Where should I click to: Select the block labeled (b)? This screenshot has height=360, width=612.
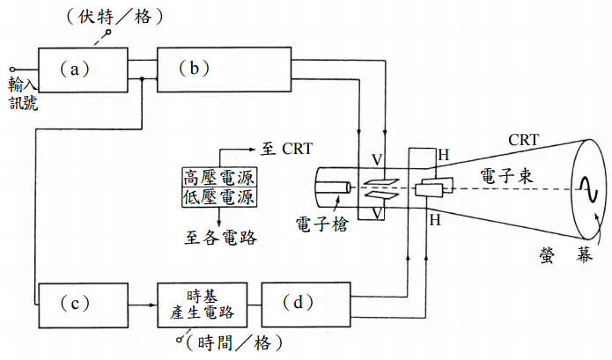(225, 68)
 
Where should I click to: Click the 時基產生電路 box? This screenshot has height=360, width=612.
(202, 303)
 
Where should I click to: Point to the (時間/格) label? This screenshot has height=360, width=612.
(226, 344)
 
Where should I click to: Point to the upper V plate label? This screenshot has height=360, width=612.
(376, 160)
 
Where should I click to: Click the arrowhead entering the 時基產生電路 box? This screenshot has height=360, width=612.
(152, 303)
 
